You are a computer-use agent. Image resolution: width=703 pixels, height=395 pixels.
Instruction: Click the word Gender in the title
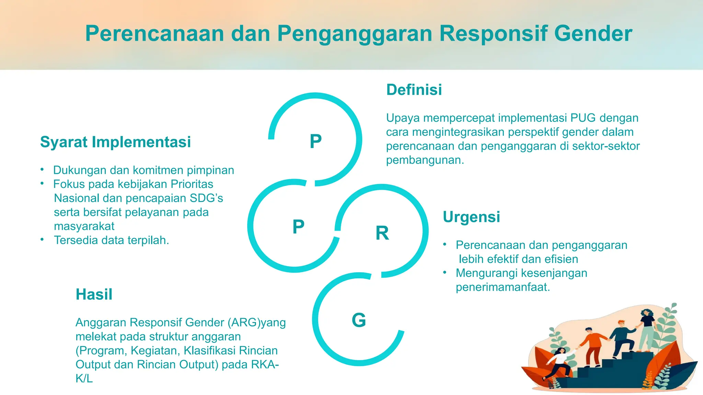[x=593, y=34]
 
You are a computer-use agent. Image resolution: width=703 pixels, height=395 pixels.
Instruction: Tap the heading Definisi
[x=414, y=90]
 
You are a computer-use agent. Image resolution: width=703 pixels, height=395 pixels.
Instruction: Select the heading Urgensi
[x=471, y=217]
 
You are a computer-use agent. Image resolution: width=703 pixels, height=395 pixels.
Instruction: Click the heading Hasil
[x=94, y=294]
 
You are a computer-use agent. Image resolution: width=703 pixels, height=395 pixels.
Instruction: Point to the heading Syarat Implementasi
[x=115, y=142]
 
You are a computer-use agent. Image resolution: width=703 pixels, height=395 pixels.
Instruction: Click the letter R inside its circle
[x=382, y=233]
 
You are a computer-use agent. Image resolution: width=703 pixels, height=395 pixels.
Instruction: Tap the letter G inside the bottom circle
[x=359, y=320]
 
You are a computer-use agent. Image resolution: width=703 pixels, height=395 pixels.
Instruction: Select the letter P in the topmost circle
[x=315, y=141]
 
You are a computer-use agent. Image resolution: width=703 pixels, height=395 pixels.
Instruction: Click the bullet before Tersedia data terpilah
[x=42, y=239]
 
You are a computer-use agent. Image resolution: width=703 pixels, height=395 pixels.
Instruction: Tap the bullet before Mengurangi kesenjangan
[x=445, y=272]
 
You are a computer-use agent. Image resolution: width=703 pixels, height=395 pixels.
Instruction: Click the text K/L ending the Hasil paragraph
[x=84, y=379]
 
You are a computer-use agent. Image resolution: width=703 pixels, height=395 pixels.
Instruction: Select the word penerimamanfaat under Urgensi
[x=503, y=287]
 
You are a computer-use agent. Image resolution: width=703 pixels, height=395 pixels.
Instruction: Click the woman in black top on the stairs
[x=647, y=329]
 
